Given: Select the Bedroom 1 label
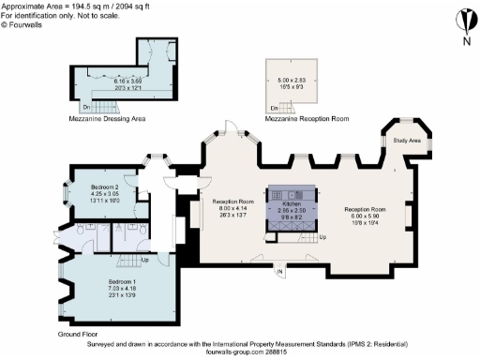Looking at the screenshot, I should [x=123, y=281].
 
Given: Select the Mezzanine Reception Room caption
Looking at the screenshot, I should [x=302, y=119].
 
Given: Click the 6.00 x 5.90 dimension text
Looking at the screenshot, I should [x=362, y=216].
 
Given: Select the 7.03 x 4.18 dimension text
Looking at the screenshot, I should [x=123, y=289].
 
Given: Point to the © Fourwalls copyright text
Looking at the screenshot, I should [x=19, y=25].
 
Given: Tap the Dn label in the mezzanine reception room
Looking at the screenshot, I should [x=272, y=109].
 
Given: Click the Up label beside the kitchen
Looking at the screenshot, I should [x=322, y=237].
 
